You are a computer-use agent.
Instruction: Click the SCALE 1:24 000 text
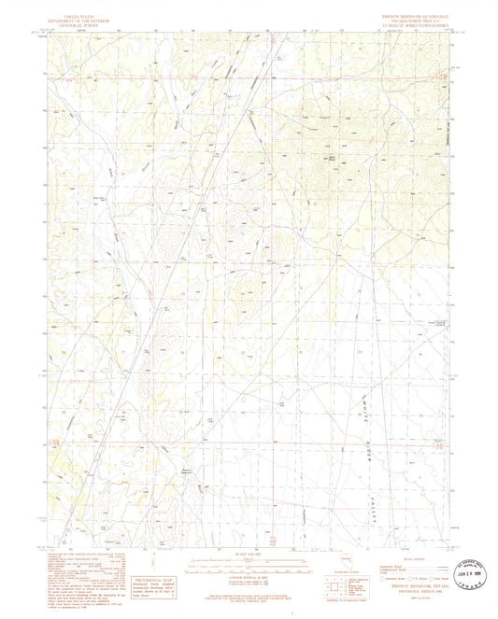pyautogui.click(x=249, y=545)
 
